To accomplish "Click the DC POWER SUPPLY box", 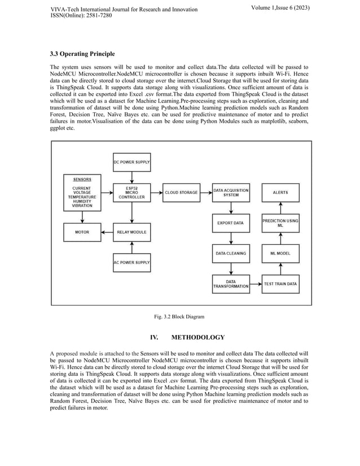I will pyautogui.click(x=131, y=160).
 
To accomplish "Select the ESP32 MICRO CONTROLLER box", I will pyautogui.click(x=131, y=192).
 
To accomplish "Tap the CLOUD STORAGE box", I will pyautogui.click(x=181, y=192).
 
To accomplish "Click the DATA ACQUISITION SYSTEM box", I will pyautogui.click(x=231, y=192).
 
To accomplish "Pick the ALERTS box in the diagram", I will pyautogui.click(x=280, y=192).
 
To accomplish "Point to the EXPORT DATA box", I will pyautogui.click(x=231, y=223).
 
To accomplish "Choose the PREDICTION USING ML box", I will pyautogui.click(x=280, y=223).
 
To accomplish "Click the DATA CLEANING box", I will pyautogui.click(x=231, y=253).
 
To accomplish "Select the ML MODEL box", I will pyautogui.click(x=280, y=253).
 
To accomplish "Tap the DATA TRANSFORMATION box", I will pyautogui.click(x=231, y=284).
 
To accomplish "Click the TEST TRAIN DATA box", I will pyautogui.click(x=280, y=284).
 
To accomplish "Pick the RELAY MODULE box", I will pyautogui.click(x=131, y=232).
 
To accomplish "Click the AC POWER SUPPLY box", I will pyautogui.click(x=131, y=262).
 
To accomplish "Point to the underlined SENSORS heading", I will pyautogui.click(x=82, y=179).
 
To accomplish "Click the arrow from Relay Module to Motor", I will pyautogui.click(x=107, y=232).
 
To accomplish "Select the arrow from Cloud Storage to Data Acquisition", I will pyautogui.click(x=206, y=192).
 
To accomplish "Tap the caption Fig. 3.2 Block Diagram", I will pyautogui.click(x=180, y=316).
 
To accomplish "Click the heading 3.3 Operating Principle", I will pyautogui.click(x=82, y=54).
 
